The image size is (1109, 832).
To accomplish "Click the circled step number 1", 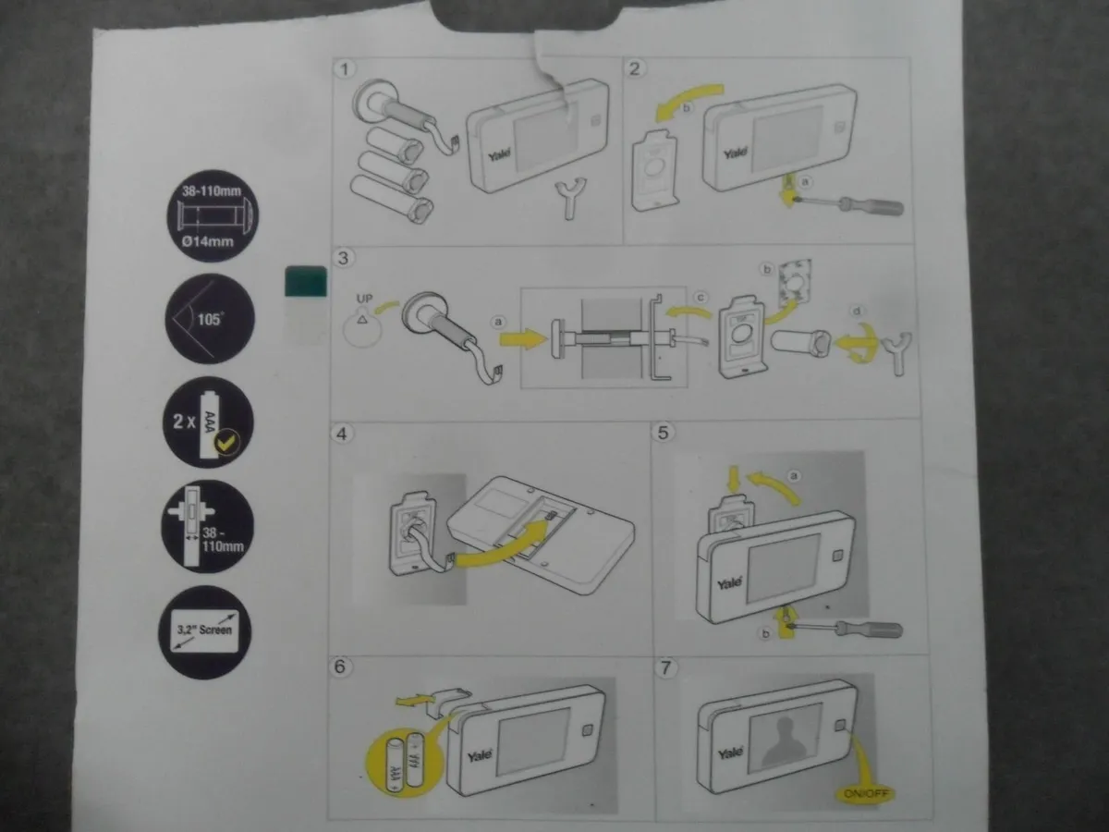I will point(345,69).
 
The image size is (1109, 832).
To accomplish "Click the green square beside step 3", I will point(307,281).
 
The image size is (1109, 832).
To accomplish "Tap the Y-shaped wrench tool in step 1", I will point(569,197).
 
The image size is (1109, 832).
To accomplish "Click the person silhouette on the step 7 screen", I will point(784,733).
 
